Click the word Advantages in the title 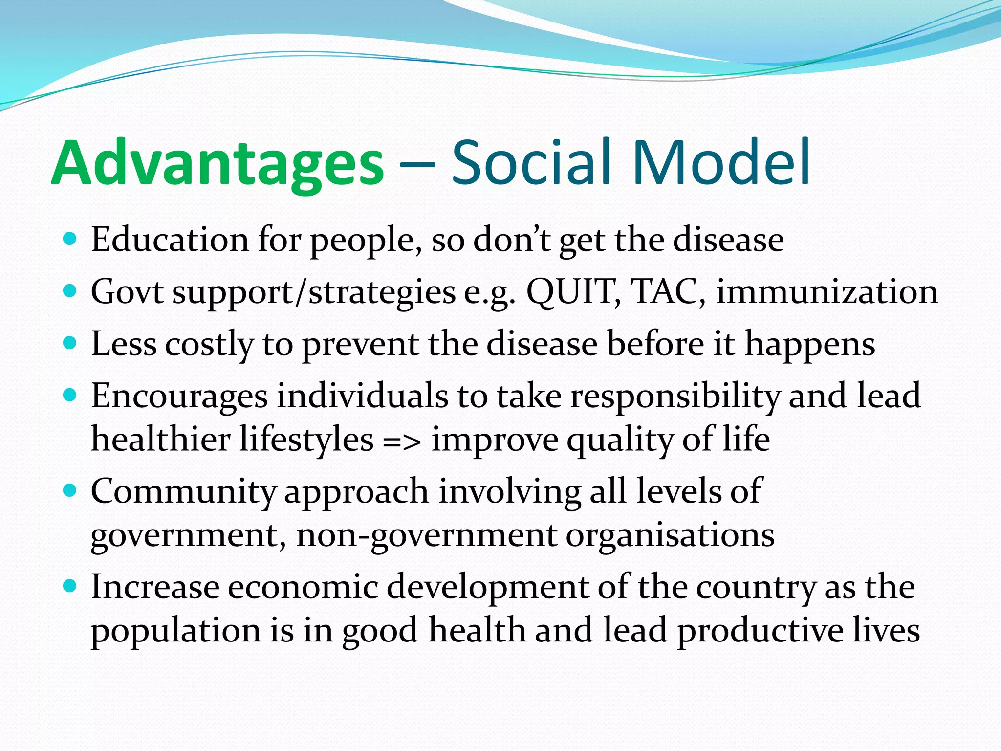[x=218, y=164]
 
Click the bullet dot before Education [x=70, y=239]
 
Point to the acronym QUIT [x=572, y=292]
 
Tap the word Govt [x=127, y=292]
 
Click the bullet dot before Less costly [x=70, y=343]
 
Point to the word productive [x=760, y=631]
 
